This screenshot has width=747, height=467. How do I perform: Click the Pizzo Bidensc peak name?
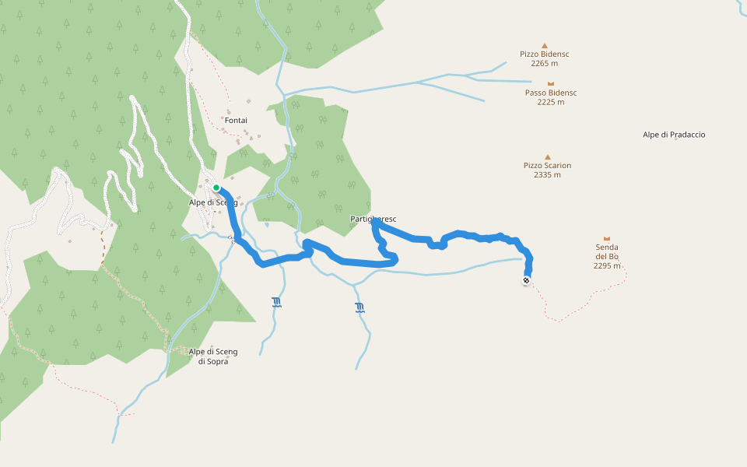point(545,54)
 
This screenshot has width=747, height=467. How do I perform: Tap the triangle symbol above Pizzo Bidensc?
point(545,45)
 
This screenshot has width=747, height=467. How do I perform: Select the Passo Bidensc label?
point(551,93)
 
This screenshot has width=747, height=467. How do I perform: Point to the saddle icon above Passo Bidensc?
point(551,83)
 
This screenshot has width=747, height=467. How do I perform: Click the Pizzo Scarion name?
point(547,166)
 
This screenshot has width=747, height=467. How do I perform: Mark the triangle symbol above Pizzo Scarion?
point(548,156)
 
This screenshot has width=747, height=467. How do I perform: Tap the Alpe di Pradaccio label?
point(674,135)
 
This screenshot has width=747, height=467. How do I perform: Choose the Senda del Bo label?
point(607,251)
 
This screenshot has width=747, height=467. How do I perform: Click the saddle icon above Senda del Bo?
point(607,238)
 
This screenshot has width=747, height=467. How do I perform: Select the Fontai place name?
point(236,121)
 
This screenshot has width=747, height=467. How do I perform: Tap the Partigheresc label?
point(373,219)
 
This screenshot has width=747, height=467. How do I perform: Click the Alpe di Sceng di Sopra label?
point(213,356)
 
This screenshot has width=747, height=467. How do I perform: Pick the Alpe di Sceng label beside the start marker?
point(212,203)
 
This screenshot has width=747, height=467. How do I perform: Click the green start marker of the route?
point(216,188)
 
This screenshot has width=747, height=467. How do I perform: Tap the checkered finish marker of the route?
point(527,280)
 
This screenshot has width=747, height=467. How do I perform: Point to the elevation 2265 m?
point(545,64)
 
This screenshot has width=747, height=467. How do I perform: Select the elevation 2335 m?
point(547,175)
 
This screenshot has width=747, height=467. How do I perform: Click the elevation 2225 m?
point(551,102)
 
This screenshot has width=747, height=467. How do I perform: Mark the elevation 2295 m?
point(607,265)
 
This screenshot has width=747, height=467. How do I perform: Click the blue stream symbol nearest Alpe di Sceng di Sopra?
point(276,302)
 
